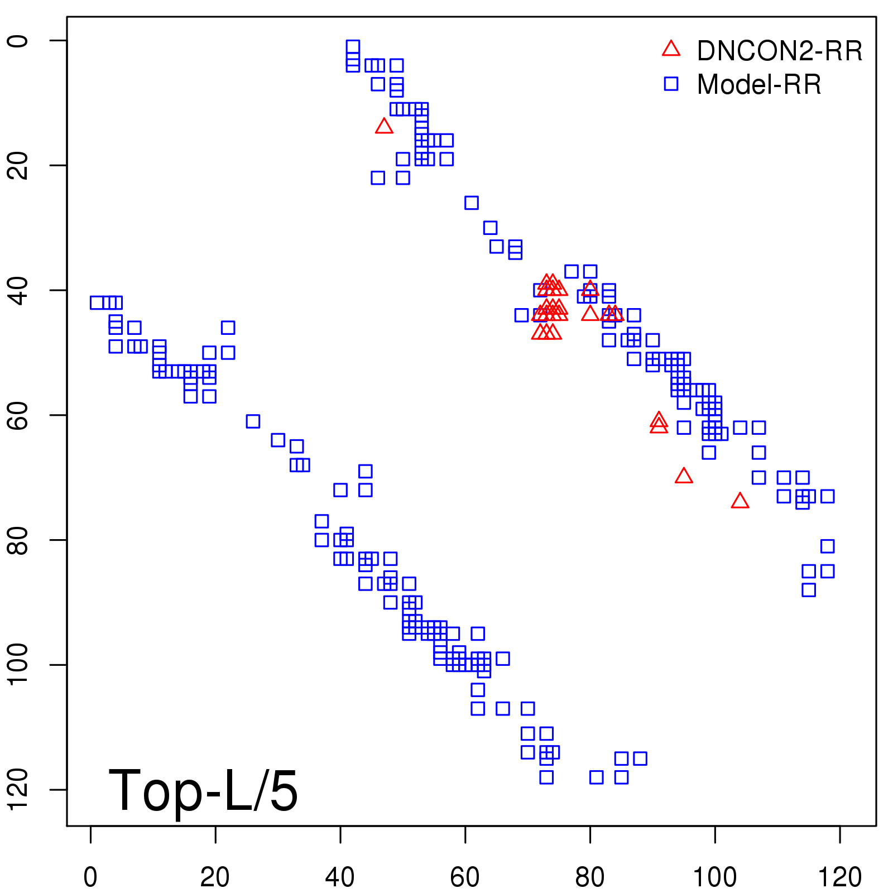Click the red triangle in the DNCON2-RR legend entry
click(671, 49)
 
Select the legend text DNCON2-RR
click(779, 51)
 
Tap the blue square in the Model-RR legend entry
click(671, 84)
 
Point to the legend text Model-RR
click(759, 85)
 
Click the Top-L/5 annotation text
click(203, 790)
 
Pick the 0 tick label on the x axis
click(90, 877)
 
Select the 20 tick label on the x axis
click(215, 877)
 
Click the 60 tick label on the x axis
click(465, 877)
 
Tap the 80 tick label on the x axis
click(590, 877)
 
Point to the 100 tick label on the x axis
click(714, 877)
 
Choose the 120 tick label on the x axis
click(839, 877)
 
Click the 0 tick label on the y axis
click(18, 41)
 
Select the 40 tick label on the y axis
click(18, 290)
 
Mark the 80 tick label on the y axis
click(18, 540)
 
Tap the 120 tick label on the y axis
click(18, 789)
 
